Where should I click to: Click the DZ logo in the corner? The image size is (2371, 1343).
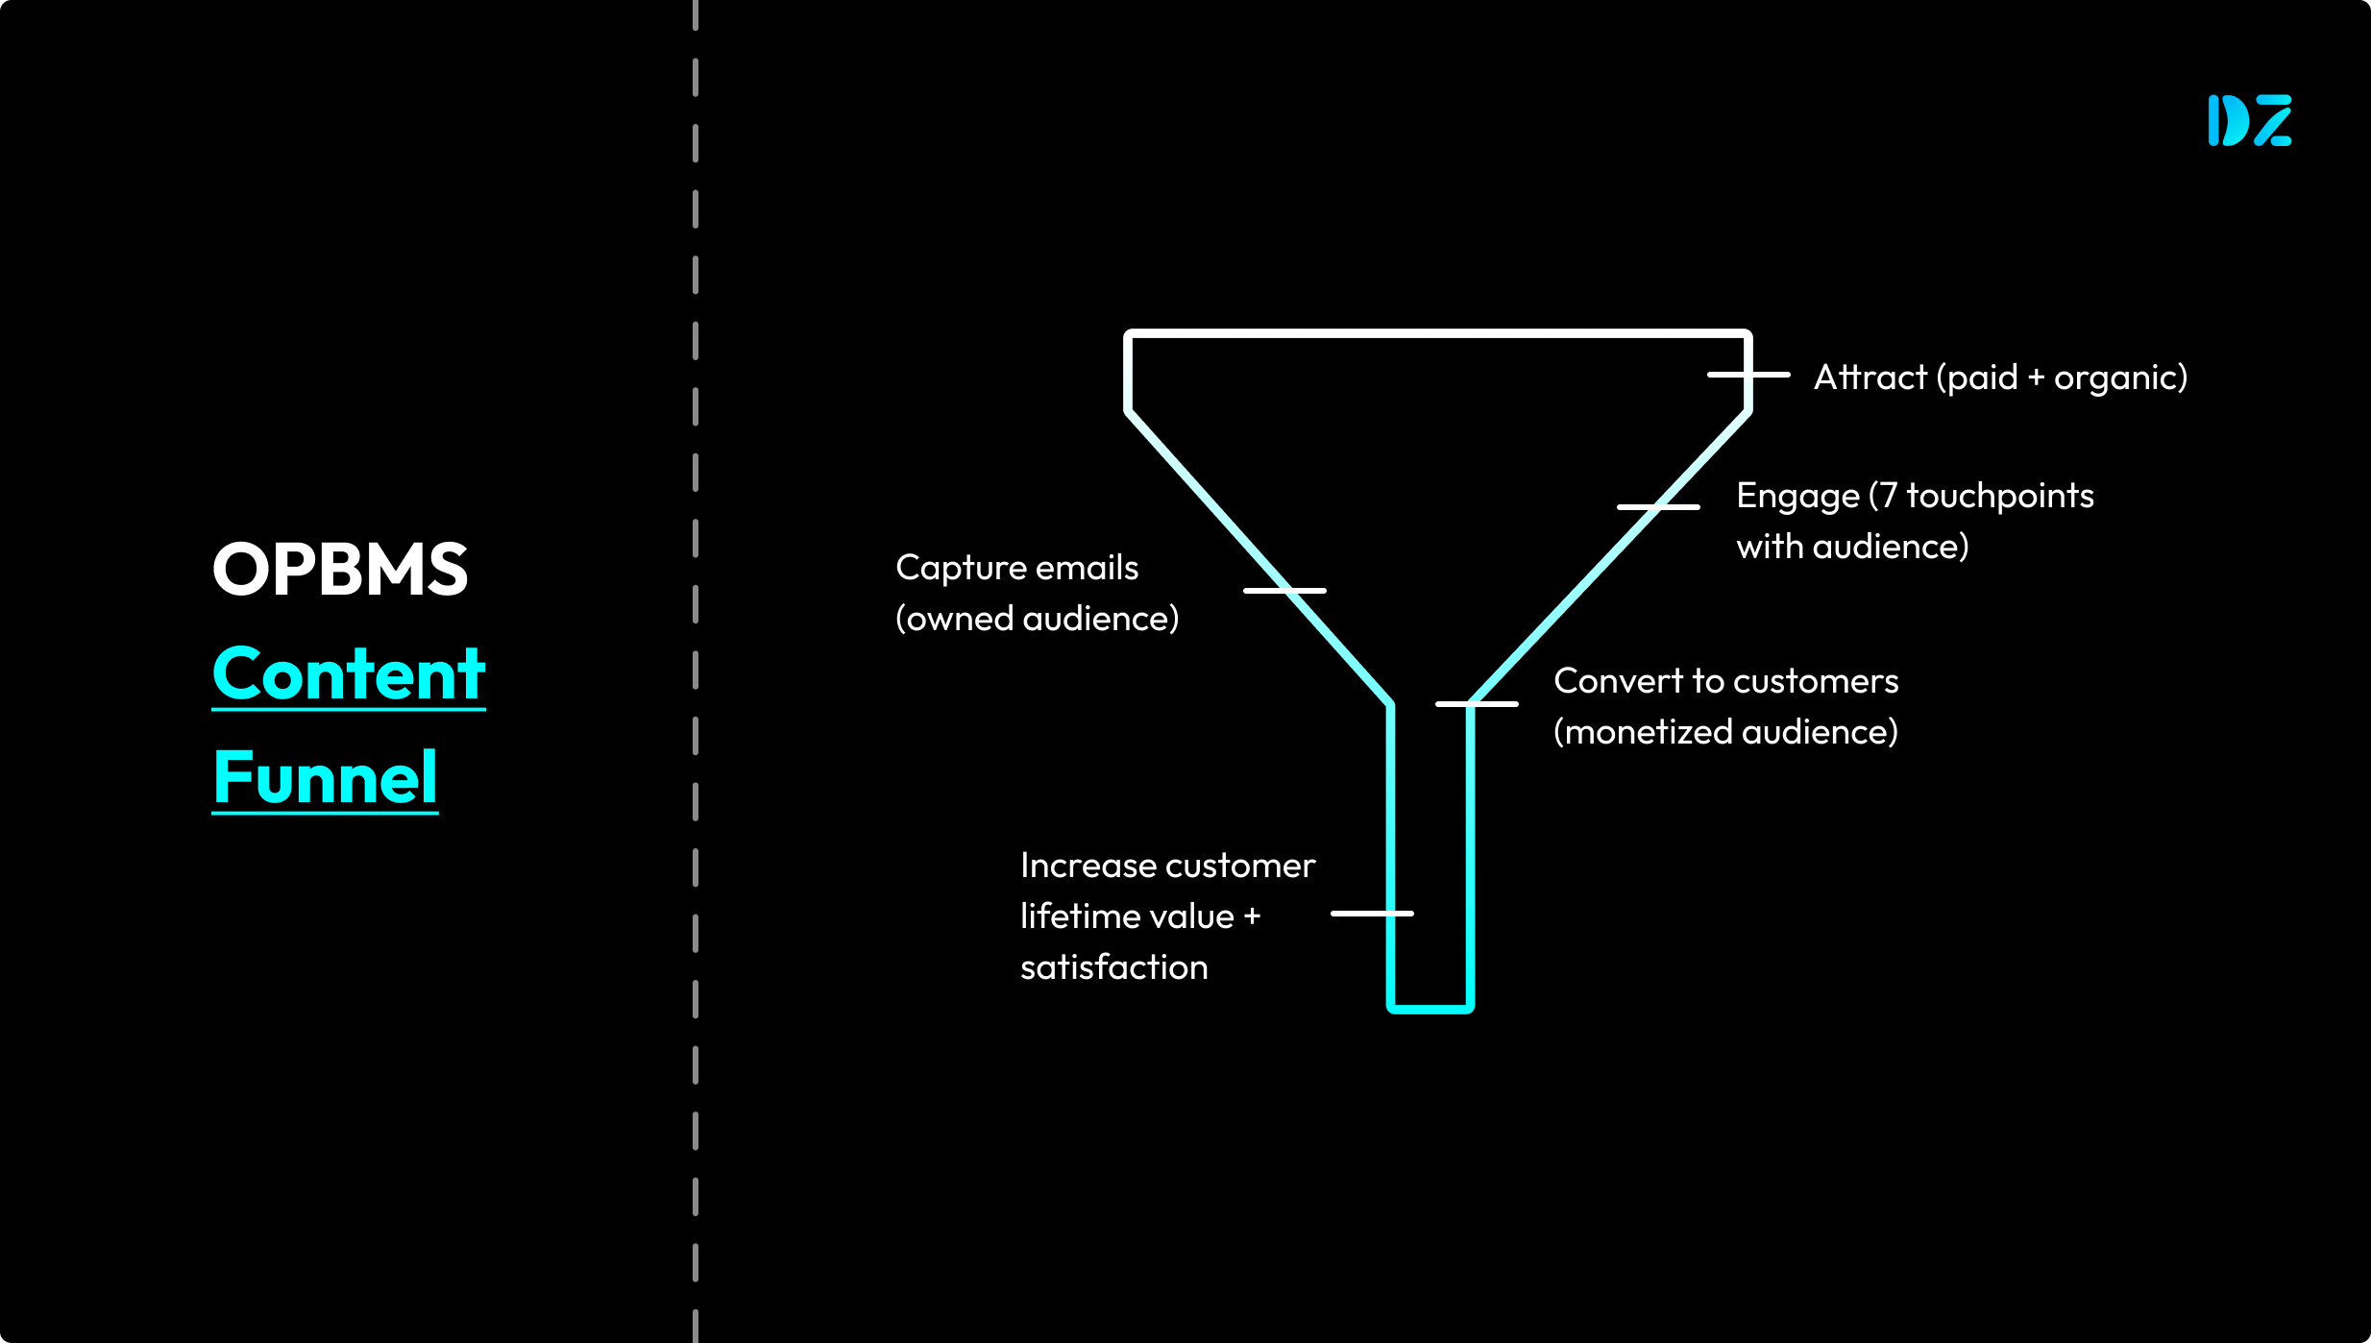point(2249,120)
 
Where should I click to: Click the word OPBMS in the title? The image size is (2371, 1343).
point(340,570)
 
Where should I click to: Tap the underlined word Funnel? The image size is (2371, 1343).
point(326,777)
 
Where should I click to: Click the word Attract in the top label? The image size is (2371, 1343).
point(1870,378)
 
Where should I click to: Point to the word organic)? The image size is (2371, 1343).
point(2120,378)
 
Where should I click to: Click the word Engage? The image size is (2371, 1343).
point(1797,497)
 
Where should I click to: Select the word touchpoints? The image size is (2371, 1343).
point(1999,496)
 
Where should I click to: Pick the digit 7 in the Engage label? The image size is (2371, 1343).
point(1888,496)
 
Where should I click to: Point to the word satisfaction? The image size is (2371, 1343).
point(1113,967)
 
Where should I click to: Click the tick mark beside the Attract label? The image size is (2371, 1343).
point(1748,375)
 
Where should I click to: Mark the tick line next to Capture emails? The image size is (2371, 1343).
point(1284,590)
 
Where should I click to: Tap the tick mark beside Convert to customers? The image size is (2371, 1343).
point(1477,704)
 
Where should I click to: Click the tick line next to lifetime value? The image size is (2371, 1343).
point(1372,914)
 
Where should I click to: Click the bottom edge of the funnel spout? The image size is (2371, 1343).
point(1430,1009)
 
